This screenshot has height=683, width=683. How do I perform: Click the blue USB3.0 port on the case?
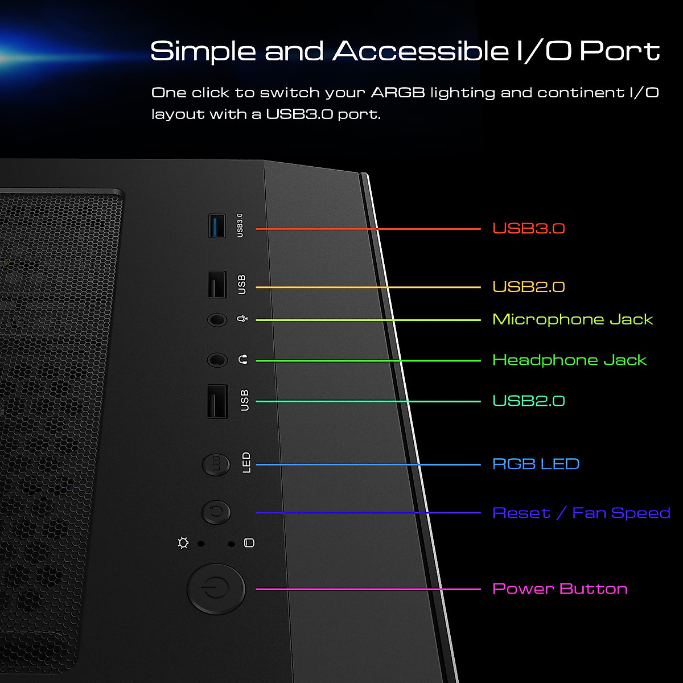tap(217, 225)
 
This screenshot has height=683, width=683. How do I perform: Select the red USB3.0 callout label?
tap(528, 228)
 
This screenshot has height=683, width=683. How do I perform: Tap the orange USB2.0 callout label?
tap(528, 286)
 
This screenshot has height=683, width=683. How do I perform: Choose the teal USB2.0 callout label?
tap(528, 401)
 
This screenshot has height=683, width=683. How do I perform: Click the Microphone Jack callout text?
tap(572, 319)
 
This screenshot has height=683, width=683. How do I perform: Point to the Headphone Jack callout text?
tap(569, 360)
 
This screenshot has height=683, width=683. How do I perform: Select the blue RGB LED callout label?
tap(536, 464)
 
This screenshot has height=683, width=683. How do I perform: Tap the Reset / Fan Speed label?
tap(581, 513)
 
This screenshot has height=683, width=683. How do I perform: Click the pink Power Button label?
tap(559, 589)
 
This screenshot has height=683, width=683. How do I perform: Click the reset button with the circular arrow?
tap(216, 512)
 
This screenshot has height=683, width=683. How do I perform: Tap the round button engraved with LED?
tap(216, 464)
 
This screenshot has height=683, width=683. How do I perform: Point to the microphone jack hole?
tap(217, 320)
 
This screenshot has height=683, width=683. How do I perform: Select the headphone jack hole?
tap(217, 360)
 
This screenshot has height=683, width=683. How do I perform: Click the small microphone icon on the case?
tap(242, 319)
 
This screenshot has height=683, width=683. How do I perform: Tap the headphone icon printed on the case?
tap(244, 360)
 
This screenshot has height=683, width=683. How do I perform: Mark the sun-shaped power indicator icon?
tap(183, 543)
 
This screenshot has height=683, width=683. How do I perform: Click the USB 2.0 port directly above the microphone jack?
tap(217, 285)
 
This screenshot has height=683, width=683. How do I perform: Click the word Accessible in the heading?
tap(420, 51)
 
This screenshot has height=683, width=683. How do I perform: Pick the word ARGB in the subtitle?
tap(398, 92)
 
